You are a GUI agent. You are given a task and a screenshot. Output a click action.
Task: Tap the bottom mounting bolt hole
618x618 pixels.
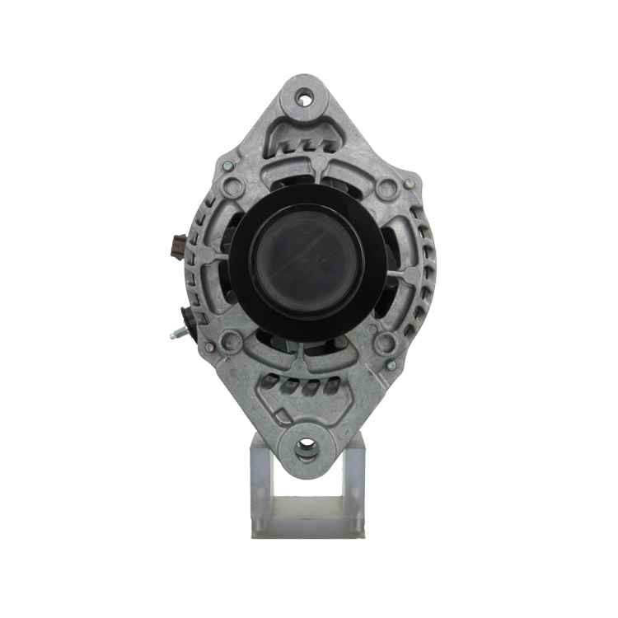point(307,447)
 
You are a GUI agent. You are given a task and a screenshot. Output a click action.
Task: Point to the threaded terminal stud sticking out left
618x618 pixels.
point(176,333)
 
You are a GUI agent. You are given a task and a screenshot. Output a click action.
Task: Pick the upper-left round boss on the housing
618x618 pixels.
point(233,189)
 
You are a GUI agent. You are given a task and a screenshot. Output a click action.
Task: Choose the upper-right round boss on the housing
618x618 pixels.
point(385,190)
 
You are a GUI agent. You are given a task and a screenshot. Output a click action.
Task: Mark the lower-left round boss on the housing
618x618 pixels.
point(232,339)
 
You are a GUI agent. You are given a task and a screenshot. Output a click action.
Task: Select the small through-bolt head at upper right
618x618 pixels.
point(408,183)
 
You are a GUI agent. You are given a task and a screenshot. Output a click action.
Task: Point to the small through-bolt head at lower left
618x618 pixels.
point(209,348)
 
